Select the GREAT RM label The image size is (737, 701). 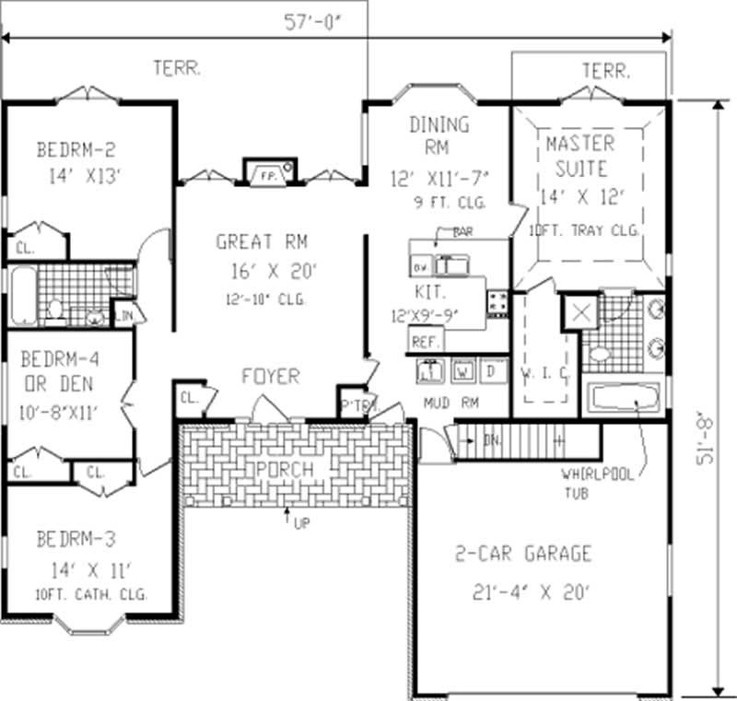(262, 242)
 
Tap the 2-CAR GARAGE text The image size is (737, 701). (522, 555)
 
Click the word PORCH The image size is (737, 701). (287, 470)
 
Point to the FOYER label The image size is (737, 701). (270, 377)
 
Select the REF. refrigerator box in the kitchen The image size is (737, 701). (424, 341)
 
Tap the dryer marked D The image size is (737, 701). (491, 370)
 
